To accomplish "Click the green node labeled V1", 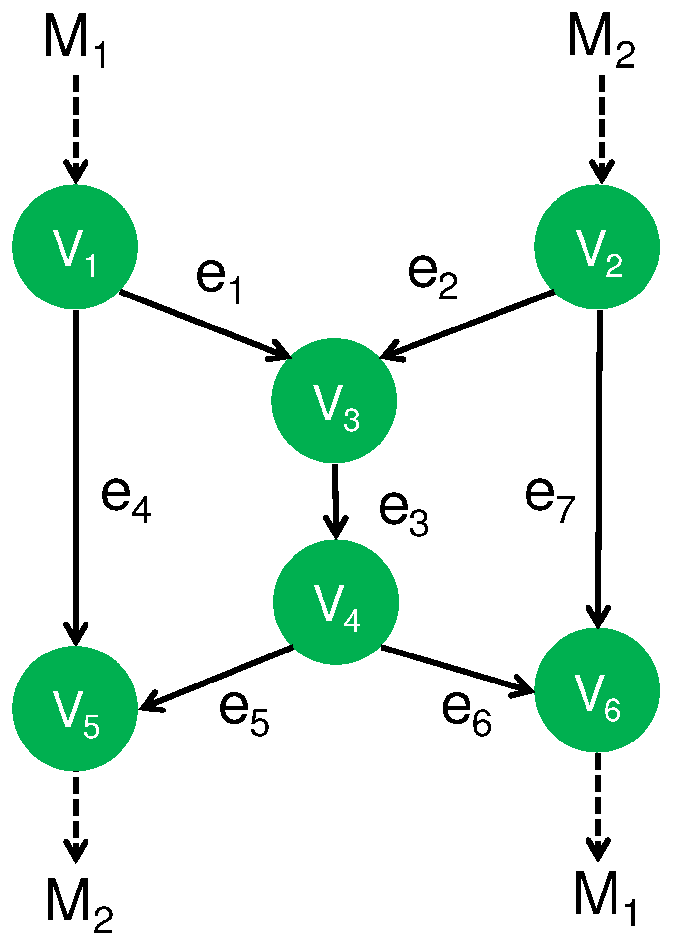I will pyautogui.click(x=75, y=247).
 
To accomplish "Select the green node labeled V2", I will pyautogui.click(x=597, y=247).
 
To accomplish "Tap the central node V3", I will pyautogui.click(x=334, y=401).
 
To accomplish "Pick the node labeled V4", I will pyautogui.click(x=336, y=602).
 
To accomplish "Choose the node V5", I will pyautogui.click(x=75, y=708).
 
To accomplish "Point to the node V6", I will pyautogui.click(x=597, y=690).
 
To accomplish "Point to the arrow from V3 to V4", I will pyautogui.click(x=335, y=502).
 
